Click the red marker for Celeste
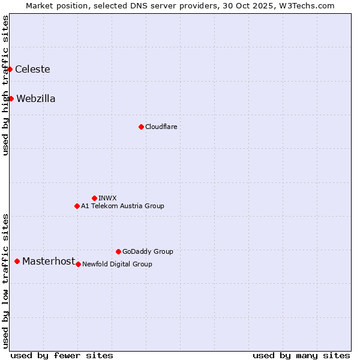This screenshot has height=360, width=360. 10,69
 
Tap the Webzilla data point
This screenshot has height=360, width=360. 11,98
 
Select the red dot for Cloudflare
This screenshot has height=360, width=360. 141,127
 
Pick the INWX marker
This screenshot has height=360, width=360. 94,198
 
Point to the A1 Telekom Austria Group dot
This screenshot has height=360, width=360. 77,206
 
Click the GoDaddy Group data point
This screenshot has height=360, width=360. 118,251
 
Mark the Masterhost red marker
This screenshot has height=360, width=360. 17,261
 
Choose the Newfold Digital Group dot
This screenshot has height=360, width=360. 78,264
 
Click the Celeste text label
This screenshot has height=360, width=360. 32,69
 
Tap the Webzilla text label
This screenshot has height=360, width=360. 36,98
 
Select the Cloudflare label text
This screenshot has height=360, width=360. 161,127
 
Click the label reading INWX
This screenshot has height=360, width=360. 107,198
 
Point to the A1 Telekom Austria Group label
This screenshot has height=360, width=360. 122,206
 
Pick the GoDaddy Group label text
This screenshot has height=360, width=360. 148,251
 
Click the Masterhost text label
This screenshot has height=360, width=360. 49,261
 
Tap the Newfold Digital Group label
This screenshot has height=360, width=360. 117,264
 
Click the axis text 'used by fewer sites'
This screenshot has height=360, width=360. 62,355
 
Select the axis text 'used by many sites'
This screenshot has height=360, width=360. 301,355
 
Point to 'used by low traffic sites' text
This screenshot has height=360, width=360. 5,280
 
